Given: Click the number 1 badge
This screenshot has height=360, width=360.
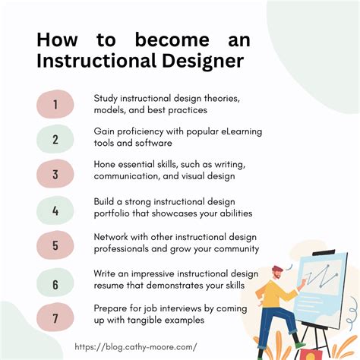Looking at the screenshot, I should click(55, 103).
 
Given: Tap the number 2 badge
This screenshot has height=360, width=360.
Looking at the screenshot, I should click(55, 139).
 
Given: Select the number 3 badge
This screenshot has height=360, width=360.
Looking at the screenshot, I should click(55, 174).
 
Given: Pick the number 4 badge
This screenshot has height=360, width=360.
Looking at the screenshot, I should click(55, 210).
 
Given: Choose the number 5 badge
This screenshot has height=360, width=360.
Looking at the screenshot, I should click(55, 245).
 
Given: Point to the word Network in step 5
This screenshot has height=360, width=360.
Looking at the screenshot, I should click(112, 237).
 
